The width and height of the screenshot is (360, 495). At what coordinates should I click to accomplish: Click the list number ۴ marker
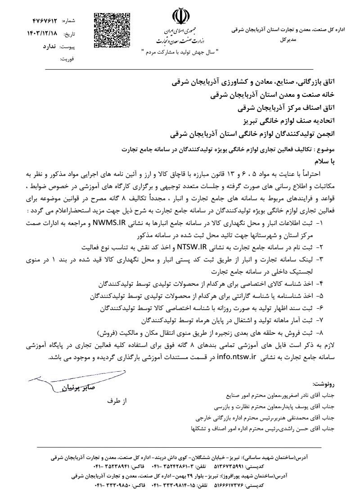point(320,285)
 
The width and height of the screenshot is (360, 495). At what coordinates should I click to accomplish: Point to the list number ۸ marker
point(320,333)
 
